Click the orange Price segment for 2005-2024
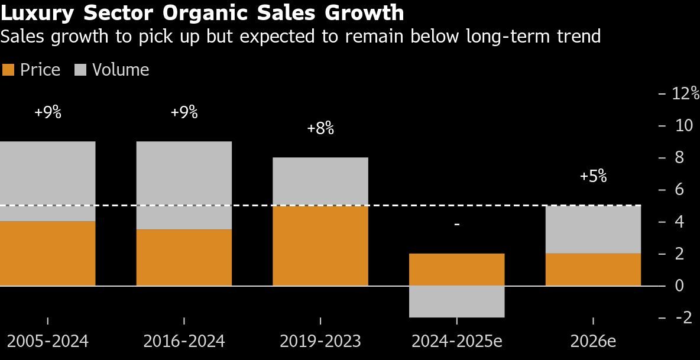[x=47, y=254]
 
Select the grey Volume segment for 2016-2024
[x=184, y=185]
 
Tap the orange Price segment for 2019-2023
[x=320, y=246]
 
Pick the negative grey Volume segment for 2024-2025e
[x=456, y=301]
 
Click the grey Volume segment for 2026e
[x=593, y=229]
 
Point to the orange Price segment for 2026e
[x=593, y=270]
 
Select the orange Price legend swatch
[x=8, y=70]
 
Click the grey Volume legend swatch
[x=80, y=70]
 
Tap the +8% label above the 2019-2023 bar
[x=320, y=128]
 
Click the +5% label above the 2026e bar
[x=593, y=176]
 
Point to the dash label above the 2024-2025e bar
[x=456, y=225]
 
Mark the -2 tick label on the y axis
[x=684, y=317]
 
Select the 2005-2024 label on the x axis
[x=47, y=341]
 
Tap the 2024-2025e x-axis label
[x=456, y=341]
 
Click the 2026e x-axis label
[x=593, y=341]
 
